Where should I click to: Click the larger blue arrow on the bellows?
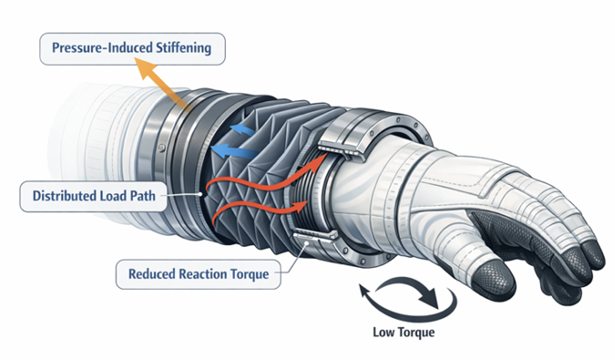point(240,132)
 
